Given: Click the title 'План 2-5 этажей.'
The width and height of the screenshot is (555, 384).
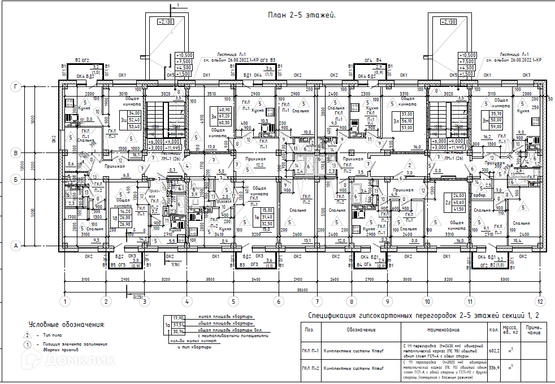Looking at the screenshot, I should pos(302,15).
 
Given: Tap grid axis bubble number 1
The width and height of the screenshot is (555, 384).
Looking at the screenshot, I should pos(66,302).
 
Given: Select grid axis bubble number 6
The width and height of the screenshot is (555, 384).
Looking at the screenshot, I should pos(278,302).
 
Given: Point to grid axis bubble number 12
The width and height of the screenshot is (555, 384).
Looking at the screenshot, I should pos(541,302).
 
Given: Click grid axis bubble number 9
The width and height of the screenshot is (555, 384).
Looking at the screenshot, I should pos(388,302).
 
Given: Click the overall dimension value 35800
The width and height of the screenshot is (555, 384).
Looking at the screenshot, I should pos(303,290).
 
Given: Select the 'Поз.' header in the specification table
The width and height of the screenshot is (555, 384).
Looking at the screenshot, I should pos(309,329).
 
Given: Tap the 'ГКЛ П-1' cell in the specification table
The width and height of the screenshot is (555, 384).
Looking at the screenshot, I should pos(310,350).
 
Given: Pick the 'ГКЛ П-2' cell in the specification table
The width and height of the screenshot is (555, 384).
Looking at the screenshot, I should pos(310,369).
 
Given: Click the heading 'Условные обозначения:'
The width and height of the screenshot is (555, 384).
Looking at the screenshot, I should pos(67,325).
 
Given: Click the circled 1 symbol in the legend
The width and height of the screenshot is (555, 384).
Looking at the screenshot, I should pos(26,344).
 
